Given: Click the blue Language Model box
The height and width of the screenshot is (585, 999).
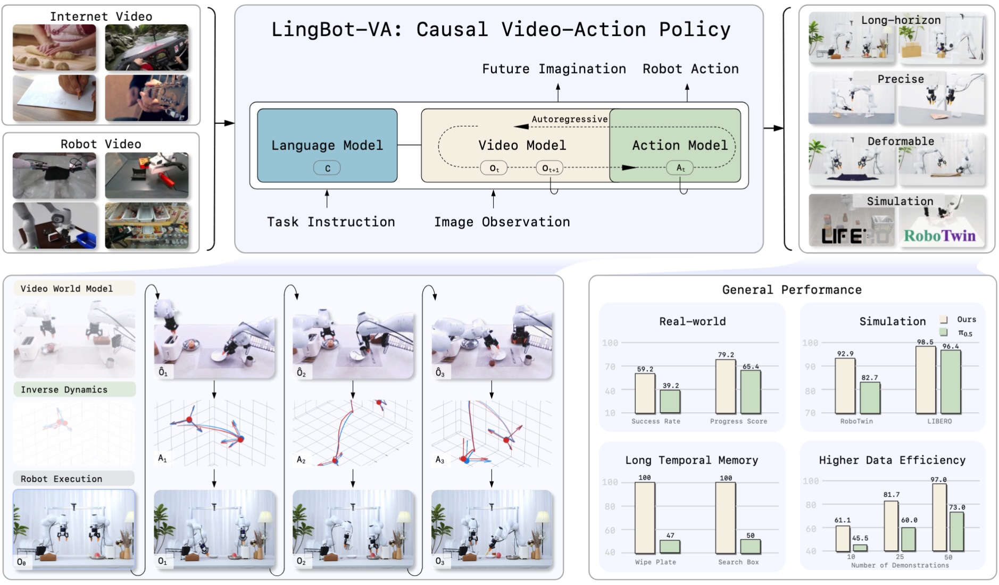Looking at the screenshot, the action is coord(327,146).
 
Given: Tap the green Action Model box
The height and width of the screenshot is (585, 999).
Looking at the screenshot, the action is coord(676,146).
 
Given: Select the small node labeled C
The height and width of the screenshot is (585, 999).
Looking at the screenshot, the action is coord(327,169).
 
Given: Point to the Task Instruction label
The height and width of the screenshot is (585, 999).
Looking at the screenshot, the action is coord(331,222).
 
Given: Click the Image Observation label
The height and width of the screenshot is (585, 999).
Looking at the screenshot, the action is coord(502,222).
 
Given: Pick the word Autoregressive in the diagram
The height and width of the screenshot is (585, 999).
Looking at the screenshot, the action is coord(569,119).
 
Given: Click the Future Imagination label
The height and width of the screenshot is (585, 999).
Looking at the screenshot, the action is coord(554,69).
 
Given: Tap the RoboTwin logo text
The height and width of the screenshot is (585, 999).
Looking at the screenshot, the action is coord(939,236).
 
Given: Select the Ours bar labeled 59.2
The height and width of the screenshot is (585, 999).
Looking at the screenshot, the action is coord(645,394).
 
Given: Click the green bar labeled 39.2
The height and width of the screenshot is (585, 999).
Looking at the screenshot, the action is coord(670,402).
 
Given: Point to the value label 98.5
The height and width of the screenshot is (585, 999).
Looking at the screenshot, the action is coord(925,342).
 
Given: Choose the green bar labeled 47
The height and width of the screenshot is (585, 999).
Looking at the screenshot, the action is coord(670,547).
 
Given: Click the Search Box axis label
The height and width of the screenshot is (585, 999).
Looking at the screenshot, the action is coord(738,562).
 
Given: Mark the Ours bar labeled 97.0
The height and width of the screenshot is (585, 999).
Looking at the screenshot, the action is coord(939,517).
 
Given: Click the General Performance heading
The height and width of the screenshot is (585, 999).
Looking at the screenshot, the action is coord(792,290).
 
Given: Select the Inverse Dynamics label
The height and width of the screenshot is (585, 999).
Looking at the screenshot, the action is coord(64,389).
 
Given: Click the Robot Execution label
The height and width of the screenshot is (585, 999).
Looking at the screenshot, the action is coord(61,479).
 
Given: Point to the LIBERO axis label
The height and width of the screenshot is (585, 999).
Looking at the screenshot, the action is coord(939,421).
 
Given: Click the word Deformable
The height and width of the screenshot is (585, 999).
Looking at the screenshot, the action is coord(901,141).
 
